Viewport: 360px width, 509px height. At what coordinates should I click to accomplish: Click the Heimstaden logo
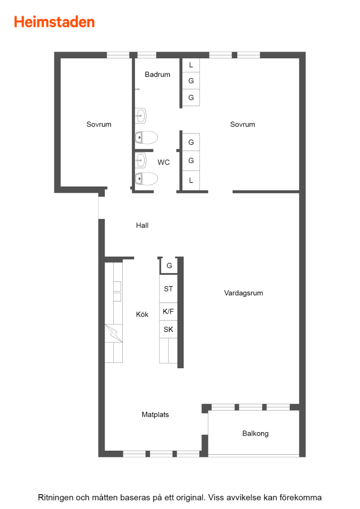click(54, 22)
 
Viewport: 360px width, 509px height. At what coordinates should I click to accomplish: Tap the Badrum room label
click(157, 74)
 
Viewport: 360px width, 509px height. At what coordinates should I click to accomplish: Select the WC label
click(164, 162)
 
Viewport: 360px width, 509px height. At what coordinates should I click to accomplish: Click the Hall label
click(142, 225)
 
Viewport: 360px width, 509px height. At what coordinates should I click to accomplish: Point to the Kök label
click(142, 314)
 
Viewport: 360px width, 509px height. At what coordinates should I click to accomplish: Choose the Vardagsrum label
click(243, 293)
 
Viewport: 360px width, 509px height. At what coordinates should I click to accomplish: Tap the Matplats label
click(155, 415)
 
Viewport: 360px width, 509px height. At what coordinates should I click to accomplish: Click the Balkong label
click(255, 434)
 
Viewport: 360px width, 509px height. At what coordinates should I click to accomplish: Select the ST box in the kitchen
click(168, 288)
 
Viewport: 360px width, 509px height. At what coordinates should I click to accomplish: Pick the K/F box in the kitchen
click(168, 312)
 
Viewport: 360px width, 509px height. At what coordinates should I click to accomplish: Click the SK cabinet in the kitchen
click(168, 330)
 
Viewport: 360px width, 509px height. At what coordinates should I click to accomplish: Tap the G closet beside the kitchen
click(169, 266)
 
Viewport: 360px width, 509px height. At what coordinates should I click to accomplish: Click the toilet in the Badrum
click(147, 137)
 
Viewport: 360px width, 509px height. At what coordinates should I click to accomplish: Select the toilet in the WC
click(147, 179)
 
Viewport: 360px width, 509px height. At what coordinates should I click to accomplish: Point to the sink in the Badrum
click(141, 115)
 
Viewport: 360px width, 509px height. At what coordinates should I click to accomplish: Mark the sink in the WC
click(141, 161)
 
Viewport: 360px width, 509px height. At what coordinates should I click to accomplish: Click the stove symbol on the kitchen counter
click(114, 333)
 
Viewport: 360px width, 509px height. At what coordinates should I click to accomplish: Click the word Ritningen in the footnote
click(55, 498)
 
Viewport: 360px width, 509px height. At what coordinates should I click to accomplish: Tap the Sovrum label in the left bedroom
click(98, 124)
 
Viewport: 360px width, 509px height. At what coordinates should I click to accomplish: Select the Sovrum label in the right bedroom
click(242, 124)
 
